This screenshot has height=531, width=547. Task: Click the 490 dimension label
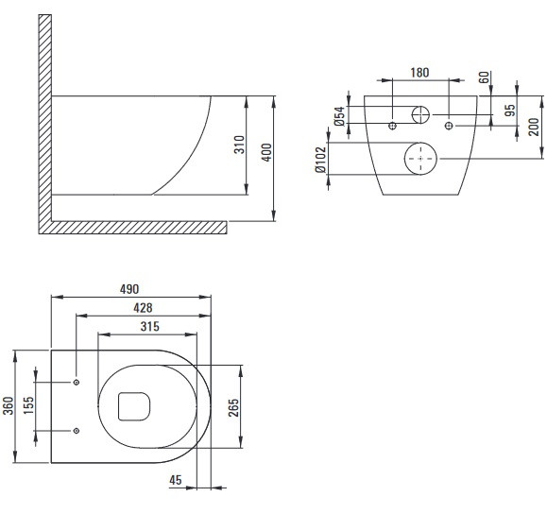coord(129,289)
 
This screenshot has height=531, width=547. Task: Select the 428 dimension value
coord(143,308)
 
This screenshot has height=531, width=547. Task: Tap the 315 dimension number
coord(150,327)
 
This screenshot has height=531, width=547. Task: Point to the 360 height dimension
coord(8,405)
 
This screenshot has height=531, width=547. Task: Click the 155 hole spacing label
coord(28,405)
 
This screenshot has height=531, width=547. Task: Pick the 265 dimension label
coord(233,407)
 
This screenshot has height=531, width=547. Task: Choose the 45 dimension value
coord(176,480)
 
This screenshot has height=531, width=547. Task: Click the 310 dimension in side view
coord(239,145)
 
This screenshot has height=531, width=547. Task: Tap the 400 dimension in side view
coord(266,152)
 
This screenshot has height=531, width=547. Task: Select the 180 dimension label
coord(419,73)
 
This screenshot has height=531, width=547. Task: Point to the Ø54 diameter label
coord(339,116)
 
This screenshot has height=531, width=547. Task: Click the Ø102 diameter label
coord(320,160)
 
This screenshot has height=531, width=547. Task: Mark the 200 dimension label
coord(534,127)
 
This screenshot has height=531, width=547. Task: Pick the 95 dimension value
coord(510,111)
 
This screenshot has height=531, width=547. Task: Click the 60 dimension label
coord(484,77)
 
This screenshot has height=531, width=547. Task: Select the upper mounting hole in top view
coord(77,382)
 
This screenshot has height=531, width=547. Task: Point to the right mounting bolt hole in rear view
coord(449,126)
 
